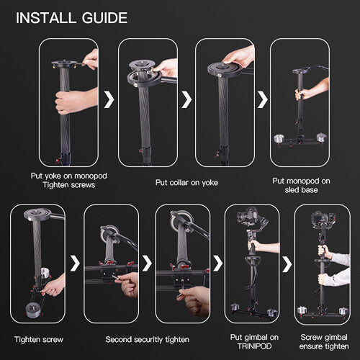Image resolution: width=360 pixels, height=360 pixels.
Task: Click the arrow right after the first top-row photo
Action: point(109,99)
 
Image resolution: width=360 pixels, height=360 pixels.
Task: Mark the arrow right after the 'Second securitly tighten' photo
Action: point(146,263)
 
